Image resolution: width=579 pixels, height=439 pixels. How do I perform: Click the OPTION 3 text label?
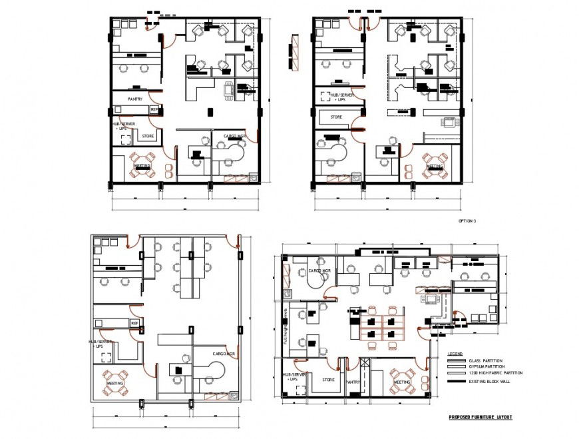(467, 220)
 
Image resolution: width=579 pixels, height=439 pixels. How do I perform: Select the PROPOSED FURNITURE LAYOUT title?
(481, 417)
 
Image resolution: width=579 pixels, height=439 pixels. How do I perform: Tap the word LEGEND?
(455, 353)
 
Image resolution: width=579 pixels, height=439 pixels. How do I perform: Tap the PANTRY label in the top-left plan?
(136, 99)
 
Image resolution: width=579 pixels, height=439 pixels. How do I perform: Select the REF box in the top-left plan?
(154, 109)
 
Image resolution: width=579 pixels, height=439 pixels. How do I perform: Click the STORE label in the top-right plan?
(336, 117)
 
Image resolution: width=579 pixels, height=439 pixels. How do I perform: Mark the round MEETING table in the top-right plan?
(434, 167)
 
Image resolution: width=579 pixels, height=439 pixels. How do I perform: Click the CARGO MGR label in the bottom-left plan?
(224, 353)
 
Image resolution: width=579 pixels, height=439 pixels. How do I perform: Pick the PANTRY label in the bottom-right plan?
(353, 382)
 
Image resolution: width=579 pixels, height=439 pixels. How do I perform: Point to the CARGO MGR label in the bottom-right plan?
(319, 271)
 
